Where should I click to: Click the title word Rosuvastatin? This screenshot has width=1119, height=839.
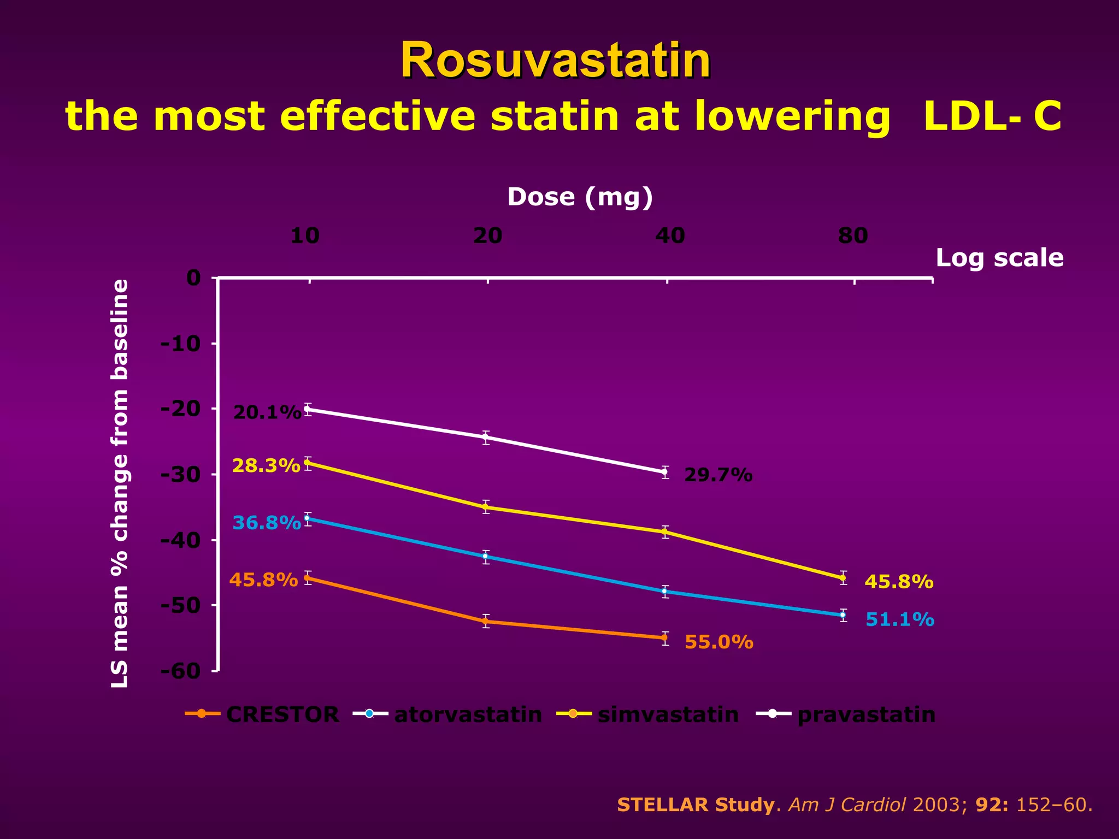[555, 61]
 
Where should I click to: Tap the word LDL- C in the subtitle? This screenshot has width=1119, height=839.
[992, 116]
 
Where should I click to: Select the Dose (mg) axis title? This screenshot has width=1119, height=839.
[580, 197]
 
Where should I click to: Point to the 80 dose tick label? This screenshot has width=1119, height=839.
[853, 236]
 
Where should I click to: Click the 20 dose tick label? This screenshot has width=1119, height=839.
[487, 236]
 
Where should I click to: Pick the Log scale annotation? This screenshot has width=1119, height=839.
[999, 258]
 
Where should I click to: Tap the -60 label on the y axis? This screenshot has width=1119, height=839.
[181, 671]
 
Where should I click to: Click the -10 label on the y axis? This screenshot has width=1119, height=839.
[181, 344]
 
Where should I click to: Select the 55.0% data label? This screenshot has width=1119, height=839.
[718, 642]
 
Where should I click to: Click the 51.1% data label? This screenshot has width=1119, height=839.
[900, 620]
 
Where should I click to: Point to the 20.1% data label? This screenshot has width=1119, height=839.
[267, 413]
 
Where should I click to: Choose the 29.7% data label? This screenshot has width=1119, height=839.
[718, 476]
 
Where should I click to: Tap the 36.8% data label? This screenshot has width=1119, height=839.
[267, 523]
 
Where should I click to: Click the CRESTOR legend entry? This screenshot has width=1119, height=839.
[282, 714]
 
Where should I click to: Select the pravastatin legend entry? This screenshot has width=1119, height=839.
[866, 714]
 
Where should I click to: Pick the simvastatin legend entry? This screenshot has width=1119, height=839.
[668, 714]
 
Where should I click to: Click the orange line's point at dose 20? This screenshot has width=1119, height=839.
[486, 621]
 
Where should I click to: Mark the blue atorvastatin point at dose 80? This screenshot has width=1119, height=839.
[843, 615]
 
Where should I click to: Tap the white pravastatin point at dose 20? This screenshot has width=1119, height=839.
[486, 438]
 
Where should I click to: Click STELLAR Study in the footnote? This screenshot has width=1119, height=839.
[695, 805]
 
